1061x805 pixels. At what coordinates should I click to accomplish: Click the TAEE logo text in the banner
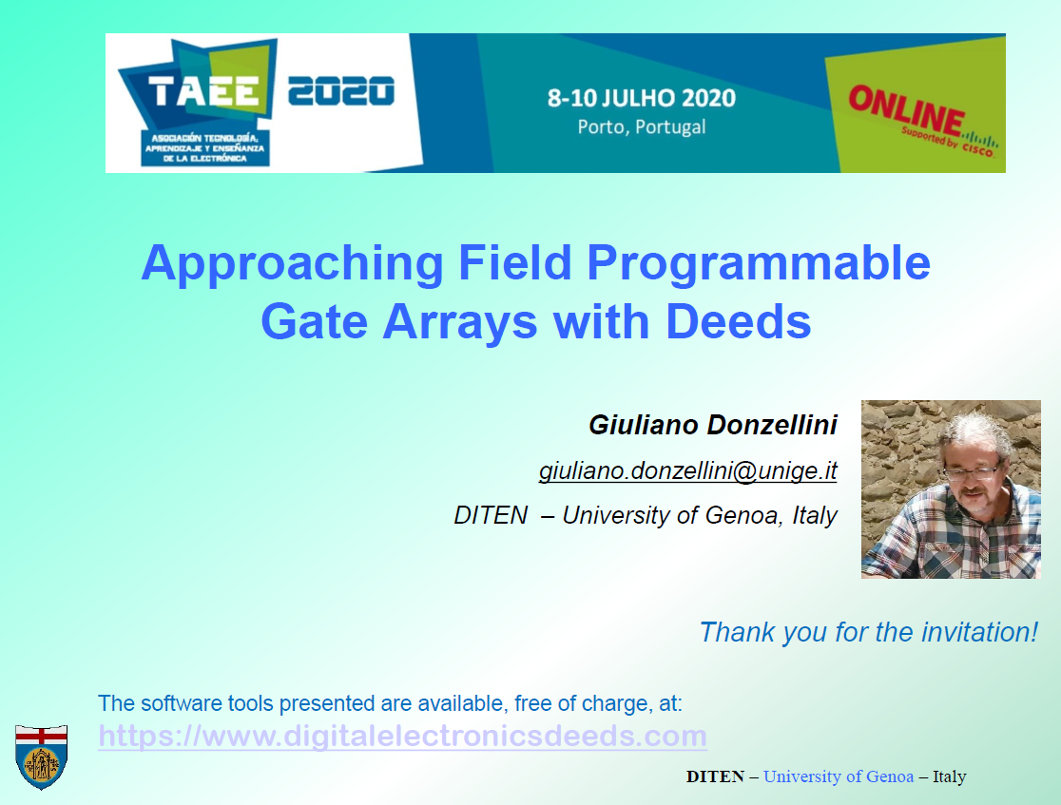pyautogui.click(x=203, y=91)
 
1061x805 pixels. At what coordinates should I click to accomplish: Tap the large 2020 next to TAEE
pyautogui.click(x=341, y=91)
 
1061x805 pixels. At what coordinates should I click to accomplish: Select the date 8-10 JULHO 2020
pyautogui.click(x=642, y=98)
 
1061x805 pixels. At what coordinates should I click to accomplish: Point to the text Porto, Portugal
pyautogui.click(x=642, y=127)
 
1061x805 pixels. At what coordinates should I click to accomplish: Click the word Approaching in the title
pyautogui.click(x=292, y=264)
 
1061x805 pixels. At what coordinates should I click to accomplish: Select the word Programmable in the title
pyautogui.click(x=759, y=264)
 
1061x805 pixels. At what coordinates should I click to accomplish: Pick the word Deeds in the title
pyautogui.click(x=739, y=321)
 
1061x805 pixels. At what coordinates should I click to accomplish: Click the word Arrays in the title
pyautogui.click(x=460, y=323)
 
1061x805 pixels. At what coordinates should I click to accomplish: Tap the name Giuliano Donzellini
pyautogui.click(x=713, y=425)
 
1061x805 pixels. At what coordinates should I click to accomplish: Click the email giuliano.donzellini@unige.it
pyautogui.click(x=688, y=470)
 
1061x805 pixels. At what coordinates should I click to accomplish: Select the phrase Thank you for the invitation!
pyautogui.click(x=869, y=633)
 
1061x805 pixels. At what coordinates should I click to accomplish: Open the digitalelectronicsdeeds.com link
pyautogui.click(x=402, y=736)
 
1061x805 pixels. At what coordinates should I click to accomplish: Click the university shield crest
pyautogui.click(x=41, y=757)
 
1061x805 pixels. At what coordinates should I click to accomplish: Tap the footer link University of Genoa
pyautogui.click(x=839, y=776)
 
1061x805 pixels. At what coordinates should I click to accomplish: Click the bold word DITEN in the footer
pyautogui.click(x=715, y=776)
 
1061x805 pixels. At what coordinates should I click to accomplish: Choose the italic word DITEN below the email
pyautogui.click(x=491, y=515)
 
